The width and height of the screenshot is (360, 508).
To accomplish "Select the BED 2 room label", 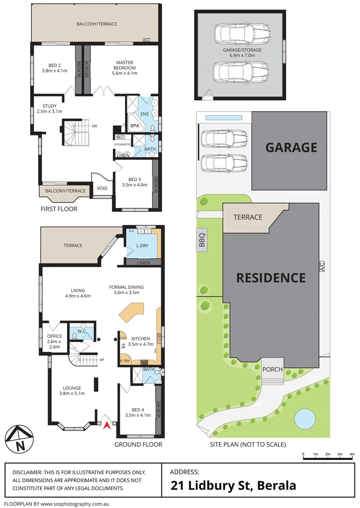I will [x=55, y=65].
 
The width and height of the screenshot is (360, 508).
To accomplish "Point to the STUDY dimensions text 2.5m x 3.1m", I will [x=49, y=111].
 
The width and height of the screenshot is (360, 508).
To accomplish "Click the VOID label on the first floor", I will [x=102, y=189].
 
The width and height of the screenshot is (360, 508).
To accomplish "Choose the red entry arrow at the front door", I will [x=107, y=425].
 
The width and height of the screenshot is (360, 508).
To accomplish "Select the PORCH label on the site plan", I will [x=273, y=369].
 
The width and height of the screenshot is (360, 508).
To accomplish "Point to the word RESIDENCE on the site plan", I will [x=270, y=278].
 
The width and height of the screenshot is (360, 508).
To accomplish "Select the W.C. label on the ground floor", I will [x=82, y=330].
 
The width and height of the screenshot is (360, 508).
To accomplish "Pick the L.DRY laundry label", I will [x=142, y=246].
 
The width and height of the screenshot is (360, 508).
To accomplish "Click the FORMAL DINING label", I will [x=126, y=287].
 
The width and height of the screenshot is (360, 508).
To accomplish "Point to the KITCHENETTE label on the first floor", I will [x=122, y=144].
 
